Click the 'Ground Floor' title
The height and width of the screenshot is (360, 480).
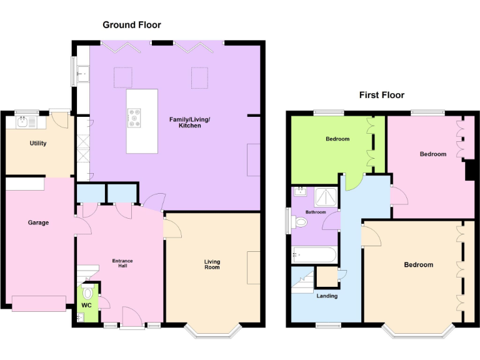pos(132,25)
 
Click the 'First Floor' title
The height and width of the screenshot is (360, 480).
pos(381,95)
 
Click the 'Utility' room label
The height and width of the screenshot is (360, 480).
pos(38,143)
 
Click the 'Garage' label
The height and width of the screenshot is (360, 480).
pos(38,222)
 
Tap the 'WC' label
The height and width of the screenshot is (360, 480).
pos(86,306)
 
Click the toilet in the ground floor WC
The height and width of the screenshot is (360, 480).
pos(87,292)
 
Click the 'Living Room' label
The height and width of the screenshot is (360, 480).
pos(212,264)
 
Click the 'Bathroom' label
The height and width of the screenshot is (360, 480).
pos(316,212)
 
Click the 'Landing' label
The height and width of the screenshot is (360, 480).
pos(327,296)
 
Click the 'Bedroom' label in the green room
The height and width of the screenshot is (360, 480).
pos(337,139)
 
